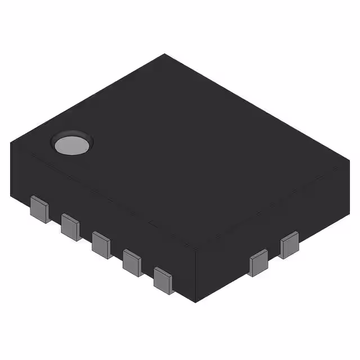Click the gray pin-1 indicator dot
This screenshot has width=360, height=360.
pyautogui.click(x=72, y=145)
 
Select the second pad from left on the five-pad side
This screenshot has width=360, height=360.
pyautogui.click(x=70, y=226)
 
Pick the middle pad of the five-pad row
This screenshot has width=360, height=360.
pyautogui.click(x=101, y=244)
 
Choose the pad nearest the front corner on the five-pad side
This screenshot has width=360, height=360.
pyautogui.click(x=163, y=280)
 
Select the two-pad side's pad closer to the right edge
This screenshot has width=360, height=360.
pyautogui.click(x=289, y=245)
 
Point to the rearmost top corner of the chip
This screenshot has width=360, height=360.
pyautogui.click(x=164, y=54)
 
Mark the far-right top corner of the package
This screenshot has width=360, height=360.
pyautogui.click(x=350, y=161)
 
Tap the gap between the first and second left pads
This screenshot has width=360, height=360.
pyautogui.click(x=55, y=218)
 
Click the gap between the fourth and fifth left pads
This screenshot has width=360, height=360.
pyautogui.click(x=147, y=272)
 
